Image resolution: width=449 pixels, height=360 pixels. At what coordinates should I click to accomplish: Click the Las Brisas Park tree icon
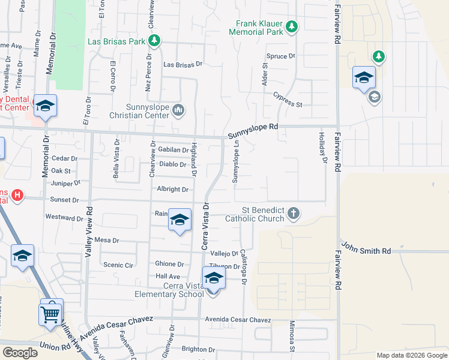155,41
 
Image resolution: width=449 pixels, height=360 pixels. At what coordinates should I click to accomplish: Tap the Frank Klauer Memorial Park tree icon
291,26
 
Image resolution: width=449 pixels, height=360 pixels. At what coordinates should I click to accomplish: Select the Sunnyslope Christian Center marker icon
178,110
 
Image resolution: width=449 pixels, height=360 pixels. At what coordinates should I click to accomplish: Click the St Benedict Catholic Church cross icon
293,213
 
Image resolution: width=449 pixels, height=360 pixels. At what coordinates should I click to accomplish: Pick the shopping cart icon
50,313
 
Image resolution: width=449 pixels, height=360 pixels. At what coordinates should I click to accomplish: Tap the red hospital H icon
17,196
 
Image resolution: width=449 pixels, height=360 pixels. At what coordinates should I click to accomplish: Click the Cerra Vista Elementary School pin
213,278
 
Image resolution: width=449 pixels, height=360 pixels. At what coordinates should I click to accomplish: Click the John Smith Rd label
366,247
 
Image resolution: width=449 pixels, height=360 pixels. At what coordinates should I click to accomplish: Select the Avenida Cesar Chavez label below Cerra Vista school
238,320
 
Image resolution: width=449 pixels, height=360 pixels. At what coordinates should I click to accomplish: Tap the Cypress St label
287,100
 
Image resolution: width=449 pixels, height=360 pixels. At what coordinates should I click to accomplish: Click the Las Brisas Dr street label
183,64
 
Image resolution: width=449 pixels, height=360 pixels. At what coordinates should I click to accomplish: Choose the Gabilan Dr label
173,149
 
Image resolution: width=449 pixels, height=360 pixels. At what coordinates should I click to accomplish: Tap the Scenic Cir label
118,265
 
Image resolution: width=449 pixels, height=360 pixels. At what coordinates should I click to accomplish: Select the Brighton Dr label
198,349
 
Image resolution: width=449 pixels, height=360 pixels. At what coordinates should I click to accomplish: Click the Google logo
20,352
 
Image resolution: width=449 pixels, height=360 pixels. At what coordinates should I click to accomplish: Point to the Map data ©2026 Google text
411,356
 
